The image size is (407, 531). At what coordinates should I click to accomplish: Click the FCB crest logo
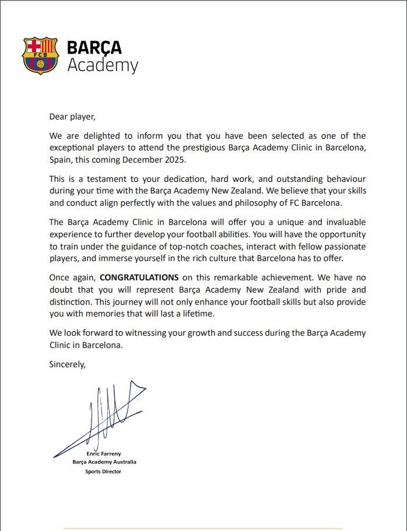coord(40,56)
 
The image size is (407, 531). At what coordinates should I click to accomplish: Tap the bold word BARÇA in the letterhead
coord(94,47)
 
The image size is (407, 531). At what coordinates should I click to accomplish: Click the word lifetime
coord(198,313)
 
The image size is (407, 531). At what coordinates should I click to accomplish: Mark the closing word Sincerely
coord(68,365)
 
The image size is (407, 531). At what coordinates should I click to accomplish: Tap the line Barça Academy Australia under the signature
coord(104,462)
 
